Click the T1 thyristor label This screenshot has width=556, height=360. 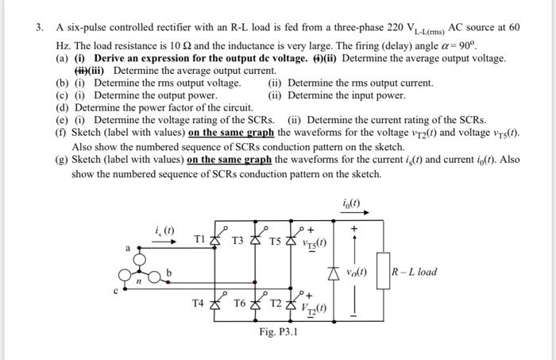pos(201,239)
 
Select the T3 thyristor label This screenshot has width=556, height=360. pos(238,239)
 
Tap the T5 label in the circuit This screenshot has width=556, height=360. pos(274,239)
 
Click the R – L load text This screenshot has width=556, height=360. pos(414,273)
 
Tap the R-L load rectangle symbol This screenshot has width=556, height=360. pos(382,273)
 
